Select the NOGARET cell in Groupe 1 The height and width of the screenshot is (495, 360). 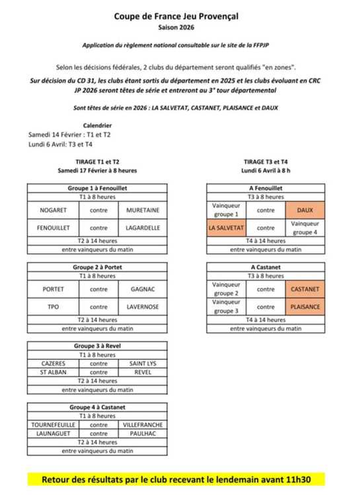tap(55, 210)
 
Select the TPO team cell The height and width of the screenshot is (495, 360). tap(55, 306)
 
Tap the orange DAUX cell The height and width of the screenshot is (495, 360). tap(306, 210)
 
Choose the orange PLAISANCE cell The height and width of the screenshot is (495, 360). tap(306, 306)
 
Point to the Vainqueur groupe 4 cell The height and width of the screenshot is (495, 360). tap(306, 227)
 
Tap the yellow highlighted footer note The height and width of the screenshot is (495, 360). tap(181, 478)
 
